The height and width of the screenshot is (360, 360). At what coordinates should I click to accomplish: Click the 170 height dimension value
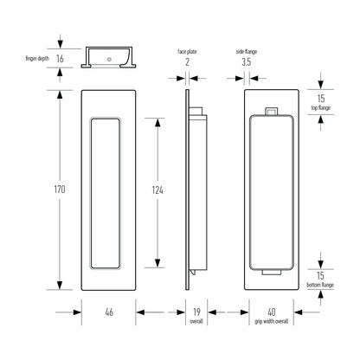[60, 190]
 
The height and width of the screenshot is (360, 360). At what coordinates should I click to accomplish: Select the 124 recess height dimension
[157, 190]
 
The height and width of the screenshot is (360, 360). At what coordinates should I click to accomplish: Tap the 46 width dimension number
[109, 312]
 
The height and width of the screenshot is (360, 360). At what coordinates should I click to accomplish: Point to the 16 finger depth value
[60, 59]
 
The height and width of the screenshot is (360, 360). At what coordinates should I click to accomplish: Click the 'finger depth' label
[37, 59]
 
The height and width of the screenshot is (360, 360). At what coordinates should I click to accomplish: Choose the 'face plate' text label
[187, 52]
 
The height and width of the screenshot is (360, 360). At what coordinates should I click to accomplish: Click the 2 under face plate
[187, 62]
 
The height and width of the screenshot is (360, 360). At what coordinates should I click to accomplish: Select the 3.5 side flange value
[247, 62]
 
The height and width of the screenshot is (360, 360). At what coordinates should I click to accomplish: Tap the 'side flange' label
[247, 52]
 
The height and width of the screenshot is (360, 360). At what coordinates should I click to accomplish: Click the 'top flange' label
[321, 108]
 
